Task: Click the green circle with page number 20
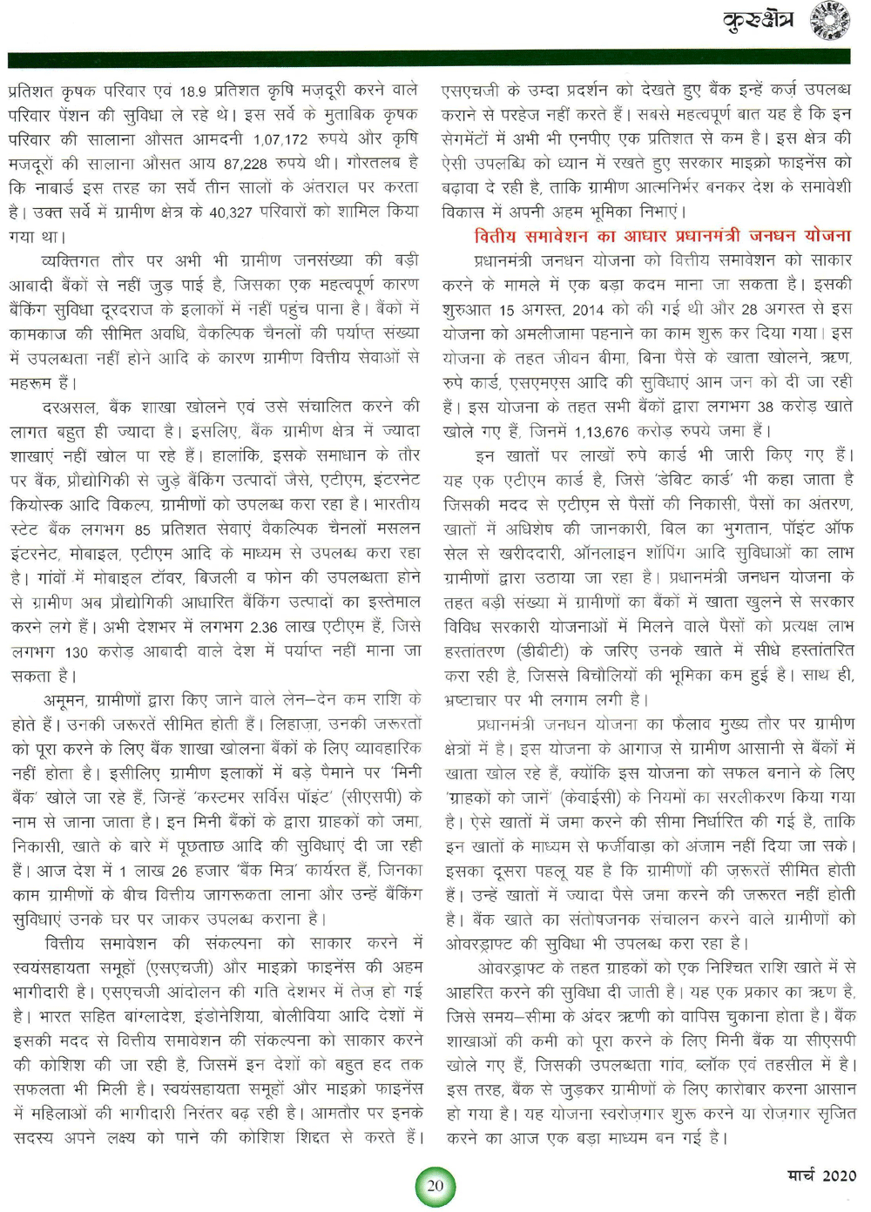click(435, 1185)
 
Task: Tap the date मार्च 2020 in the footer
click(821, 1175)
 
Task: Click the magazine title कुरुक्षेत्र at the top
click(759, 20)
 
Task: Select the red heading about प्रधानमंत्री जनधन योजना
click(662, 236)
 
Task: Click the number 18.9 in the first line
click(193, 91)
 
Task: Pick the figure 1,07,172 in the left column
click(280, 139)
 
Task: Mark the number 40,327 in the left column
click(231, 212)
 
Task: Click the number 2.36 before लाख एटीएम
click(265, 627)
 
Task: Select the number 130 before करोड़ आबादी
click(76, 652)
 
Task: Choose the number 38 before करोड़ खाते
click(765, 407)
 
